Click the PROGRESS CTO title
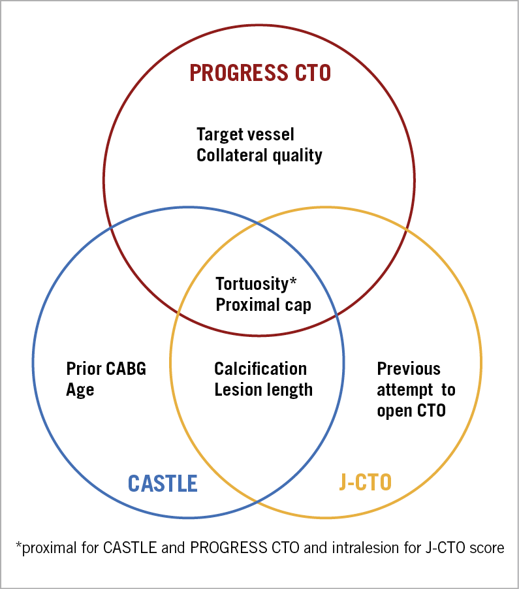pyautogui.click(x=260, y=72)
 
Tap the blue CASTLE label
pyautogui.click(x=163, y=483)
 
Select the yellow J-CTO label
pyautogui.click(x=365, y=483)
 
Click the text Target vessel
pyautogui.click(x=245, y=135)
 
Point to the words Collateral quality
pyautogui.click(x=259, y=155)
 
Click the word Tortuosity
pyautogui.click(x=251, y=284)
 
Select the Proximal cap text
pyautogui.click(x=263, y=305)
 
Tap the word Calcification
pyautogui.click(x=260, y=369)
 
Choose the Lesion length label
pyautogui.click(x=263, y=390)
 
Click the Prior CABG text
pyautogui.click(x=106, y=369)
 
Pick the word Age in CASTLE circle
pyautogui.click(x=80, y=390)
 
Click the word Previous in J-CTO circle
pyautogui.click(x=409, y=369)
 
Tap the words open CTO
pyautogui.click(x=411, y=411)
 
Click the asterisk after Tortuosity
pyautogui.click(x=293, y=281)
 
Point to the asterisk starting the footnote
pyautogui.click(x=18, y=546)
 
